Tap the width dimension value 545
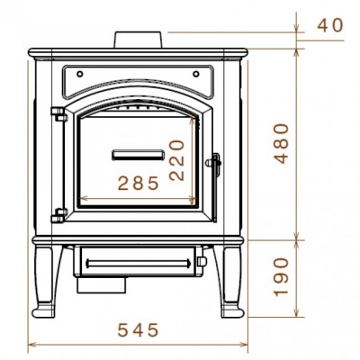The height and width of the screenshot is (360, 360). [139, 329]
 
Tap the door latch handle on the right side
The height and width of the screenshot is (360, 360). [214, 166]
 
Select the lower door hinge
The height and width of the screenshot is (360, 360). [60, 214]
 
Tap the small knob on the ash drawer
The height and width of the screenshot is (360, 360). [199, 263]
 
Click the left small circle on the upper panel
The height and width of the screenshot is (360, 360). [79, 72]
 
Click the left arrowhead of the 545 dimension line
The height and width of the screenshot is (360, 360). [32, 343]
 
